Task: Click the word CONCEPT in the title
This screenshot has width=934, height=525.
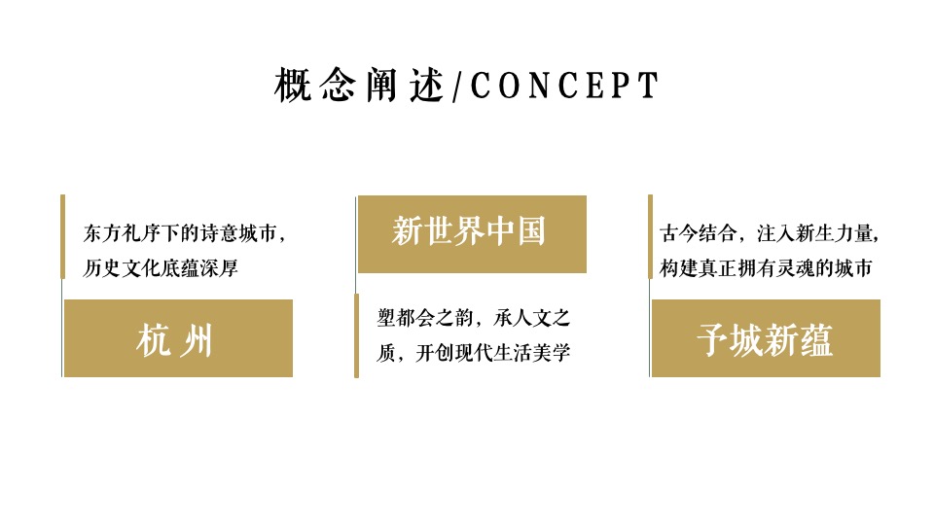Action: click(x=564, y=87)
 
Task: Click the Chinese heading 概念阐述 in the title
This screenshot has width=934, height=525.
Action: click(x=359, y=87)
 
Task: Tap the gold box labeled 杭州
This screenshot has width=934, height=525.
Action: click(x=178, y=338)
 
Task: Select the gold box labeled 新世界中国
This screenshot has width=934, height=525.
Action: click(x=472, y=234)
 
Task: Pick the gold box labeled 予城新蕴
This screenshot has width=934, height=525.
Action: click(x=766, y=338)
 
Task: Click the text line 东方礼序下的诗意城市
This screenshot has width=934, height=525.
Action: click(x=185, y=234)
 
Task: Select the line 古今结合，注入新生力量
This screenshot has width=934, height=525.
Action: click(x=770, y=234)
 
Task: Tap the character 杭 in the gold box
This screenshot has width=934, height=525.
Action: click(x=155, y=340)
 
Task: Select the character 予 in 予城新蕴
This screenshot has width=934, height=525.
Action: click(x=712, y=340)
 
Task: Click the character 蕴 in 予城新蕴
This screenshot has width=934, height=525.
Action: click(x=817, y=340)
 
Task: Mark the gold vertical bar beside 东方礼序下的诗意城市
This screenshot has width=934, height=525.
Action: click(x=62, y=236)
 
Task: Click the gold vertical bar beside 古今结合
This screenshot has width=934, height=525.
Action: click(x=650, y=236)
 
